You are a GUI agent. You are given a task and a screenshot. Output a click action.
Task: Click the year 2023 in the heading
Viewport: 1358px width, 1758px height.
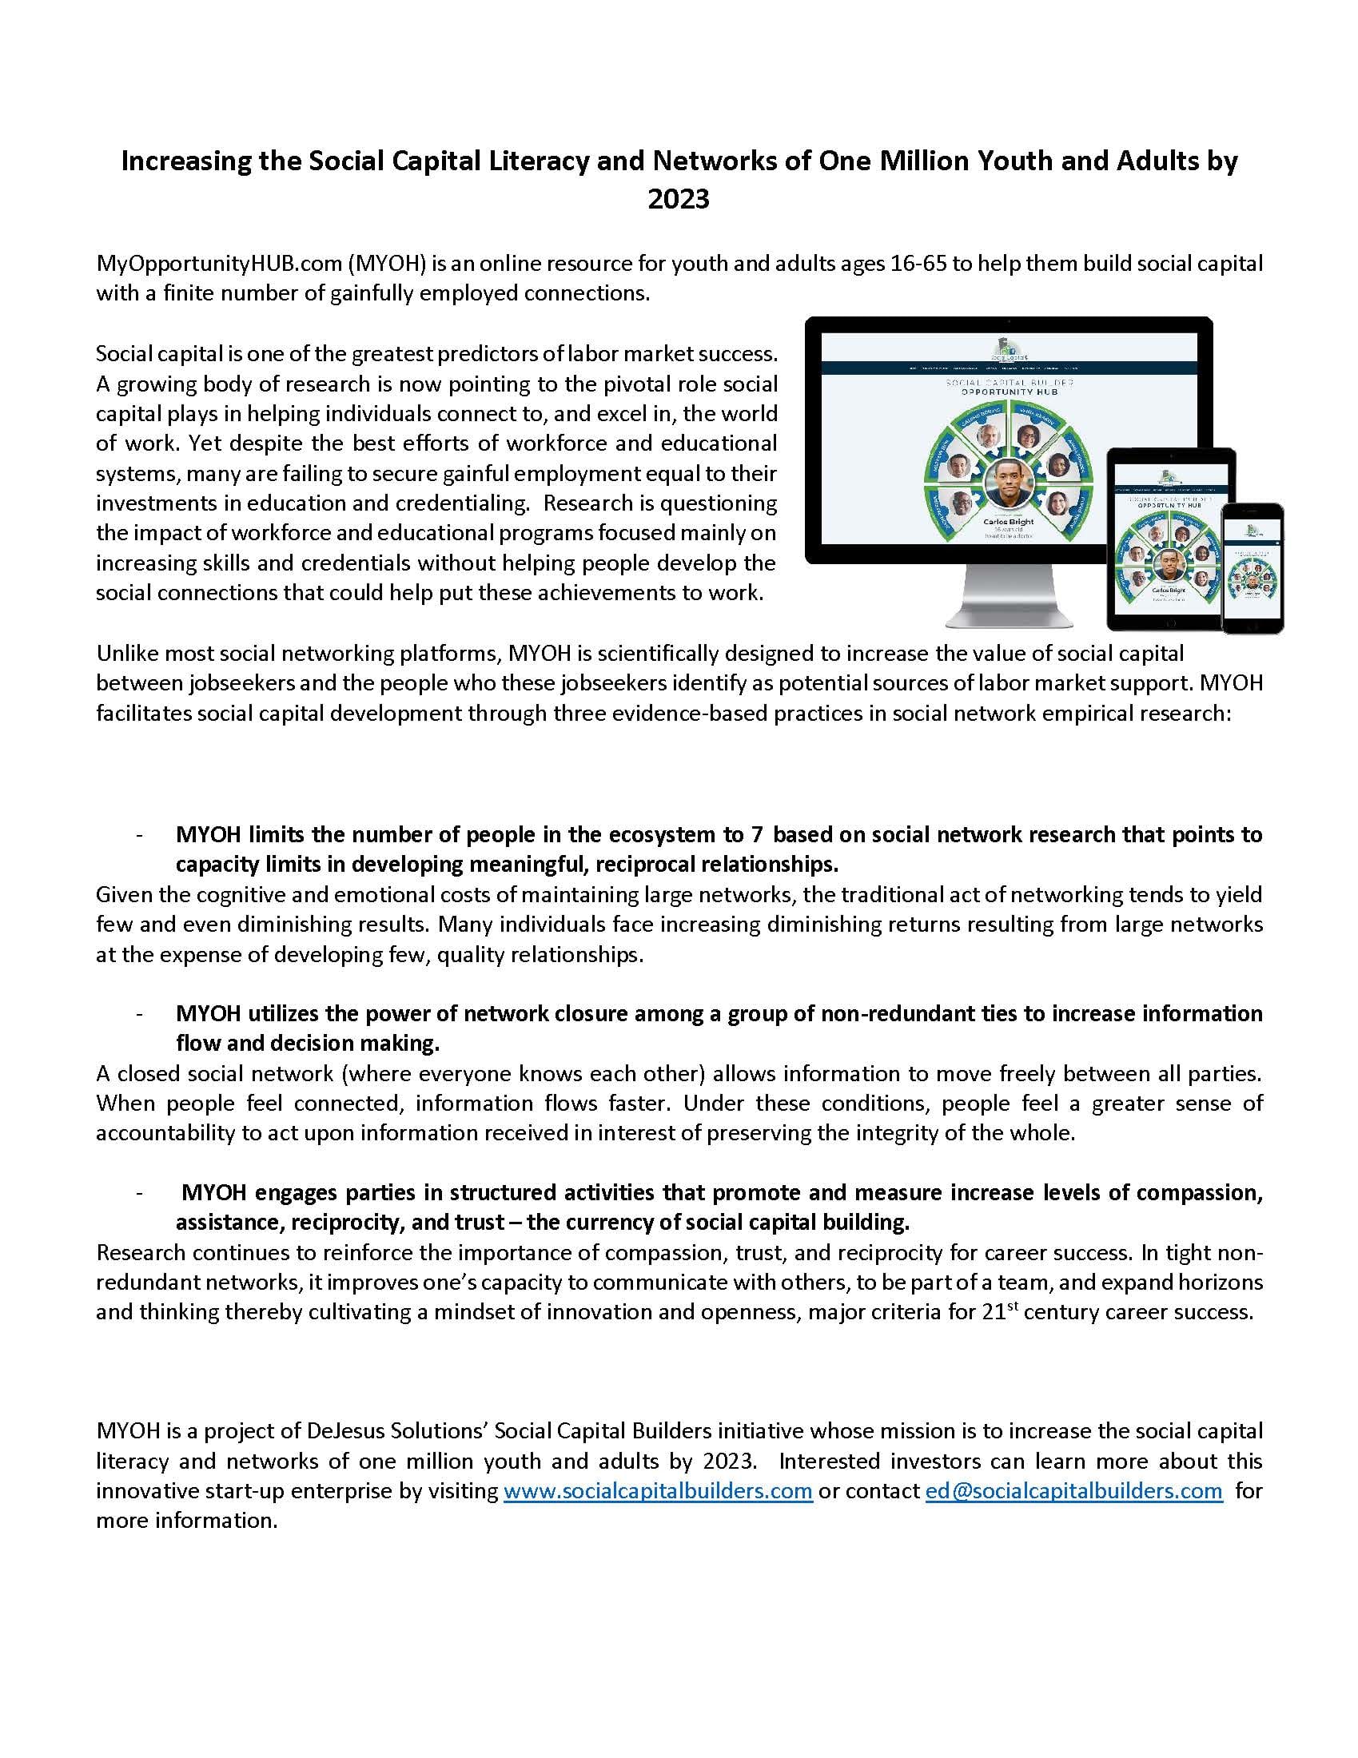tap(679, 199)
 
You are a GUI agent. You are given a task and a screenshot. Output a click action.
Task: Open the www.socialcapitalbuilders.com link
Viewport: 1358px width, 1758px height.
tap(658, 1491)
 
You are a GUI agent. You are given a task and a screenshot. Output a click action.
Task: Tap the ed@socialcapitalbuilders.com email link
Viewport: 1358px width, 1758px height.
tap(1073, 1491)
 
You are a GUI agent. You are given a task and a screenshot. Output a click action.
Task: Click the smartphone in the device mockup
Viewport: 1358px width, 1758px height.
tap(1252, 568)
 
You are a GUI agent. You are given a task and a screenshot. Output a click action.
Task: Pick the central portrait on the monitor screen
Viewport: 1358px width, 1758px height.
tap(1008, 483)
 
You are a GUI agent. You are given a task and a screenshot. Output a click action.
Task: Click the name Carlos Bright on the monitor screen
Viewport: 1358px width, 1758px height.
tap(1008, 522)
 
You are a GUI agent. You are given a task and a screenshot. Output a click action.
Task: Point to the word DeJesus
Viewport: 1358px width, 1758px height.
tap(344, 1431)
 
